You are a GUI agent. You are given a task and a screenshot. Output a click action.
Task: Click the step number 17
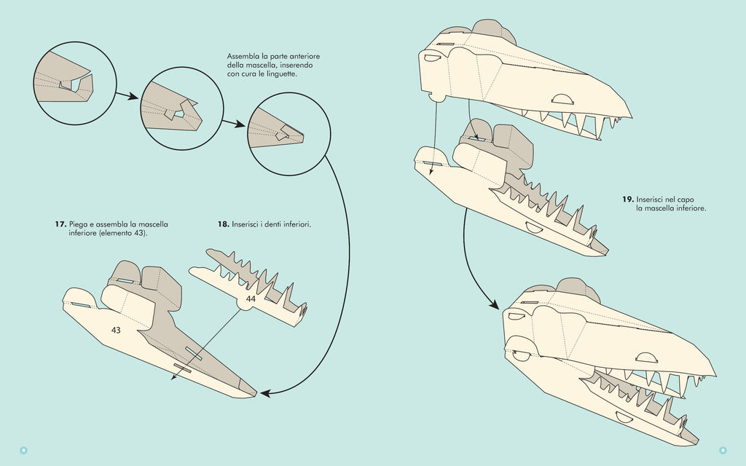pos(60,224)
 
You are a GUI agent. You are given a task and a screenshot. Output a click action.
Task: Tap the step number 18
pos(223,224)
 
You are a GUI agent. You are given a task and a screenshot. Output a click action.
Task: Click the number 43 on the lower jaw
pos(116,330)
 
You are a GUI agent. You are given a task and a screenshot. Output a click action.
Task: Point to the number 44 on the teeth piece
pos(251,299)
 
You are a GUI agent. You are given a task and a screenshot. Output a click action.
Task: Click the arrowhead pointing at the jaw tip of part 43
pos(266,393)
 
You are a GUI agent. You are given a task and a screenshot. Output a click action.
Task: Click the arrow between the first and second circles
pos(128,95)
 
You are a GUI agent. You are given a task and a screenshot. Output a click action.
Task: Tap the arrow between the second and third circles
pos(234,122)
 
